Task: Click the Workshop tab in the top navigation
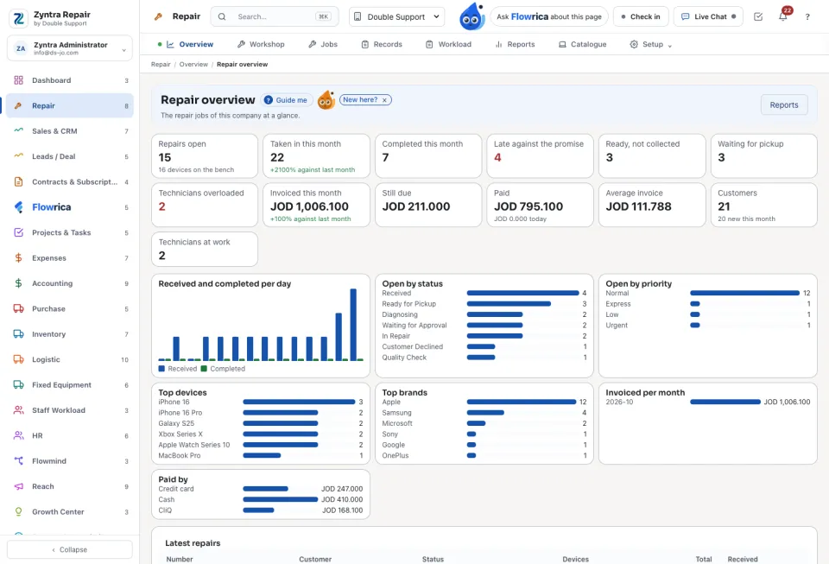point(261,44)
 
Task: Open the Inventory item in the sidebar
point(48,334)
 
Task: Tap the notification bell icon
point(782,17)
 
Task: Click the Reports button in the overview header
point(783,105)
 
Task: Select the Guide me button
point(286,100)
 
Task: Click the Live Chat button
point(708,17)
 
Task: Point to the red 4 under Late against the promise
point(497,157)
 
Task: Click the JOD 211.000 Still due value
point(416,206)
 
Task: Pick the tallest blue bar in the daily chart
point(353,324)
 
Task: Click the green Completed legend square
point(204,369)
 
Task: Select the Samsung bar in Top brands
point(485,413)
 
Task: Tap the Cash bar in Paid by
point(280,499)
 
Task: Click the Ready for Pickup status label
point(408,304)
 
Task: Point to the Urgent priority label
point(617,326)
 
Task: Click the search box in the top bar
point(275,17)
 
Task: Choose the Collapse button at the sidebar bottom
point(70,549)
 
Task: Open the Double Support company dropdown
point(396,17)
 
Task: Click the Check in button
point(641,17)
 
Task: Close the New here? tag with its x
point(384,100)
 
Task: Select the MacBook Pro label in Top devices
point(180,456)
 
